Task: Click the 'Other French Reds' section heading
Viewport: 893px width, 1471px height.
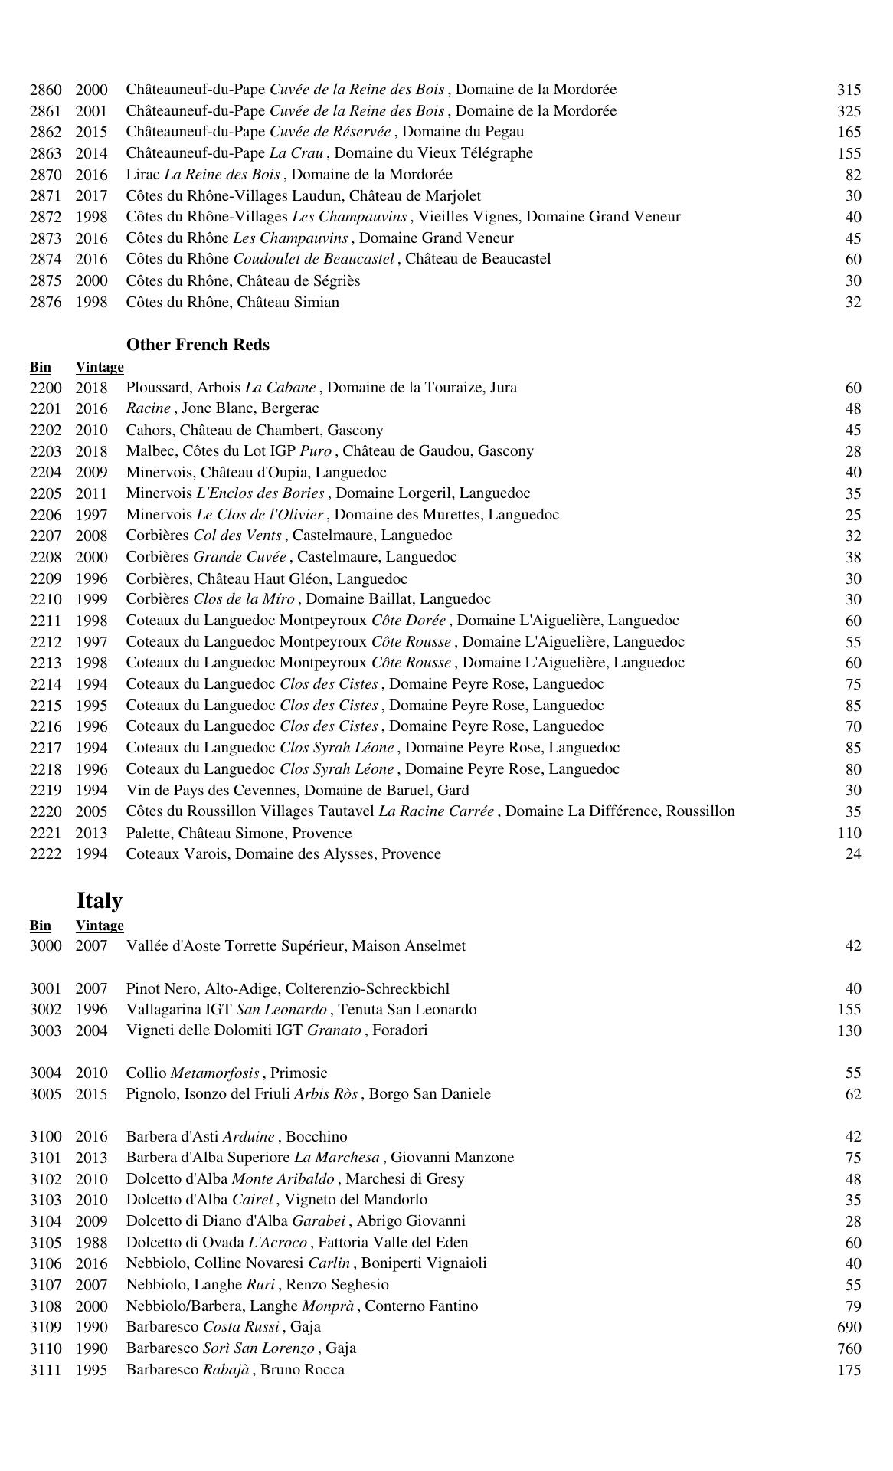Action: (198, 345)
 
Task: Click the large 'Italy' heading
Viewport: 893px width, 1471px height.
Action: (100, 900)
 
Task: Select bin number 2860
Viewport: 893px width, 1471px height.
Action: (45, 90)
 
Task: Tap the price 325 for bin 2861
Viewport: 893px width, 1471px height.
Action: (849, 111)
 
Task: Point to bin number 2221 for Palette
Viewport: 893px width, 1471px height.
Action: (45, 833)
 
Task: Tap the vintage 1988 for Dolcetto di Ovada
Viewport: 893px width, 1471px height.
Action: (91, 1243)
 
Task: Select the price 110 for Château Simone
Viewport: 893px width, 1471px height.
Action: (849, 833)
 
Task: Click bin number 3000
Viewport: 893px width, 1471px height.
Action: (45, 946)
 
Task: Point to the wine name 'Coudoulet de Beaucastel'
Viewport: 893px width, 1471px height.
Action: (314, 259)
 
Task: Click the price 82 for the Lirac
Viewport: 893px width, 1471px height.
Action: (853, 175)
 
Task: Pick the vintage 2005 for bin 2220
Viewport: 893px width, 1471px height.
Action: (91, 811)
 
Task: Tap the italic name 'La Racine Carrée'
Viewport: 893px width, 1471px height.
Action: (436, 811)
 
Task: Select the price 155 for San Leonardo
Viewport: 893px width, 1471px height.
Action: (849, 1010)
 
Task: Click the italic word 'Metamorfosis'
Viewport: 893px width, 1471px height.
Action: (214, 1073)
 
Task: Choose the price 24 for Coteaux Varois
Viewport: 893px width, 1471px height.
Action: (853, 854)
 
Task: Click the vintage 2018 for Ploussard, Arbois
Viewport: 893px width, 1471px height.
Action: (91, 388)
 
